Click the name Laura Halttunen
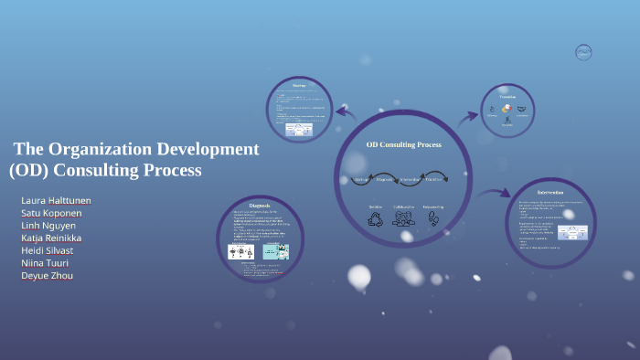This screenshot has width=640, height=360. (56, 200)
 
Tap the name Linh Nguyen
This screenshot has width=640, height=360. (48, 226)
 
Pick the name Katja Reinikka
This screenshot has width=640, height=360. (51, 238)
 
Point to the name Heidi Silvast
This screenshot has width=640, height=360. (47, 250)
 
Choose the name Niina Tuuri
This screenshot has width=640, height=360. (46, 263)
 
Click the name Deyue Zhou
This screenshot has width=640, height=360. (47, 276)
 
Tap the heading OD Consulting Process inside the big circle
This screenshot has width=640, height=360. (403, 144)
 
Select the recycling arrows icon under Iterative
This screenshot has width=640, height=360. (376, 219)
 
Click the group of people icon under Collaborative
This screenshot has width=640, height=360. (403, 219)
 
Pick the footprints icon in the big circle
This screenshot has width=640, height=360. (432, 219)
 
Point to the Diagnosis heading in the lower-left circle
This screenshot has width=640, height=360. (260, 206)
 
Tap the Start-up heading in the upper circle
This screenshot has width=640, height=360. (299, 86)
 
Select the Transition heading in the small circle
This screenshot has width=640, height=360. (507, 96)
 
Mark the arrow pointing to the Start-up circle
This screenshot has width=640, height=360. (346, 112)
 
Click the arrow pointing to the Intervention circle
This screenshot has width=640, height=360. (494, 193)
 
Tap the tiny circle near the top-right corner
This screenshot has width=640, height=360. (583, 52)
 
